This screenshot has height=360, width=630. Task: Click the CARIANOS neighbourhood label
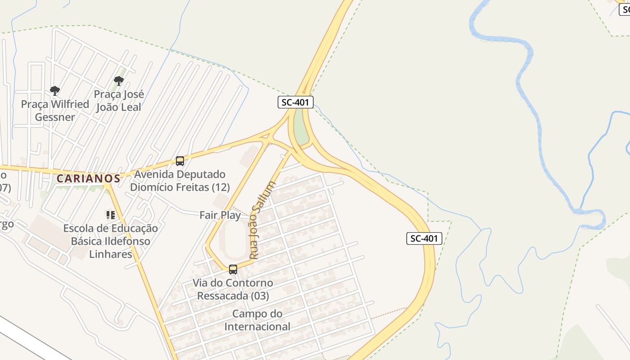click(88, 178)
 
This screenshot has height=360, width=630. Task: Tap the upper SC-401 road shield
click(295, 102)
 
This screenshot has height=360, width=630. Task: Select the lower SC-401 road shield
click(424, 238)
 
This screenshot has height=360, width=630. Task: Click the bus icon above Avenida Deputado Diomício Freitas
click(180, 161)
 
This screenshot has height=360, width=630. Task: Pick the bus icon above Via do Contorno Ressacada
click(233, 270)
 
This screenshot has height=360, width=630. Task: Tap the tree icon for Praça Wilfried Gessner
click(55, 91)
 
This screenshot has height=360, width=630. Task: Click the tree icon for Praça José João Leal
click(119, 81)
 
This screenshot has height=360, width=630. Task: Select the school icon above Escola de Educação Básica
click(111, 215)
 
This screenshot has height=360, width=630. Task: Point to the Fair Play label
click(220, 215)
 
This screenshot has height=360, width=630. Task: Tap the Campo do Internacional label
click(257, 320)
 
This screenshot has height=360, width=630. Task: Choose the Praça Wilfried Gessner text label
click(55, 111)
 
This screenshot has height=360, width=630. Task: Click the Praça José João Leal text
click(119, 101)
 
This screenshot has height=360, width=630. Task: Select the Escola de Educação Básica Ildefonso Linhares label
click(111, 241)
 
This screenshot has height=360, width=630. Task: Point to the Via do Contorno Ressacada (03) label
click(233, 289)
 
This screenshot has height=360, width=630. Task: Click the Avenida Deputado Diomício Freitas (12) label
click(180, 180)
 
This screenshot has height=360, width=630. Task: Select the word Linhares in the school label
click(111, 254)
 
